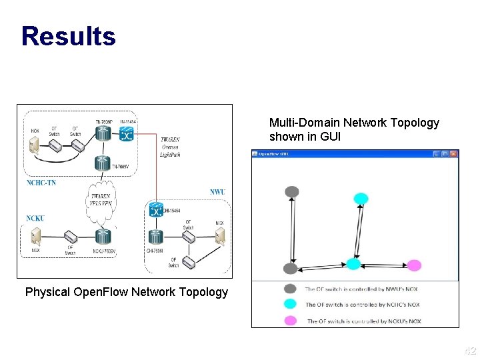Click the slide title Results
[68, 36]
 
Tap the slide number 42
[470, 351]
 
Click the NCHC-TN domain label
[40, 183]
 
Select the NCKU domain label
[35, 218]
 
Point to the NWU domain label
[218, 192]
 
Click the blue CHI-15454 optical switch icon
[156, 210]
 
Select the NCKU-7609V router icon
[103, 236]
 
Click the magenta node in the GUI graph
[414, 265]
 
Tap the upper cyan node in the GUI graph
[361, 198]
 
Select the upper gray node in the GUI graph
[291, 192]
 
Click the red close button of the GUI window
[454, 154]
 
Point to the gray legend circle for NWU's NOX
[291, 289]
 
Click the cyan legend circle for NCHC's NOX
[291, 304]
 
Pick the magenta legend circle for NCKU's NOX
[291, 321]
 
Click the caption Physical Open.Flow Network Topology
[126, 291]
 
